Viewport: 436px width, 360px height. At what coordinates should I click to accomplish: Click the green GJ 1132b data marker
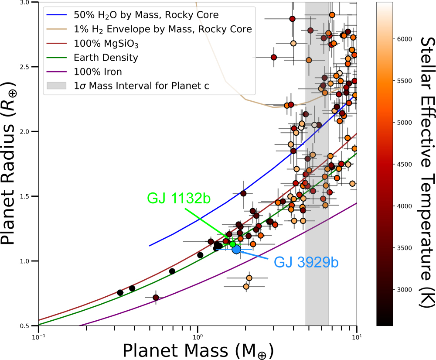[x=232, y=244]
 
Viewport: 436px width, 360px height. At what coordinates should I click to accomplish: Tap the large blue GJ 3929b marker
[x=236, y=249]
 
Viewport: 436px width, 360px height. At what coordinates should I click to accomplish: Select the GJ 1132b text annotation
[x=179, y=199]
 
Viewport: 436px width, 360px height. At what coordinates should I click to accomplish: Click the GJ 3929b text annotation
[x=306, y=262]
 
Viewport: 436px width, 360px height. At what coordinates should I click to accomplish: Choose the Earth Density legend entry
[x=106, y=58]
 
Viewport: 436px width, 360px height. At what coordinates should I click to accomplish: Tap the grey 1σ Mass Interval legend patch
[x=56, y=86]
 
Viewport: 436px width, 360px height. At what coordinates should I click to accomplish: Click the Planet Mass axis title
[x=198, y=350]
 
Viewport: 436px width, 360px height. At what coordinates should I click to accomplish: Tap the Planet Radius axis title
[x=10, y=164]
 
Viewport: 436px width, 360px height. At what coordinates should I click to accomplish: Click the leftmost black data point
[x=120, y=292]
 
